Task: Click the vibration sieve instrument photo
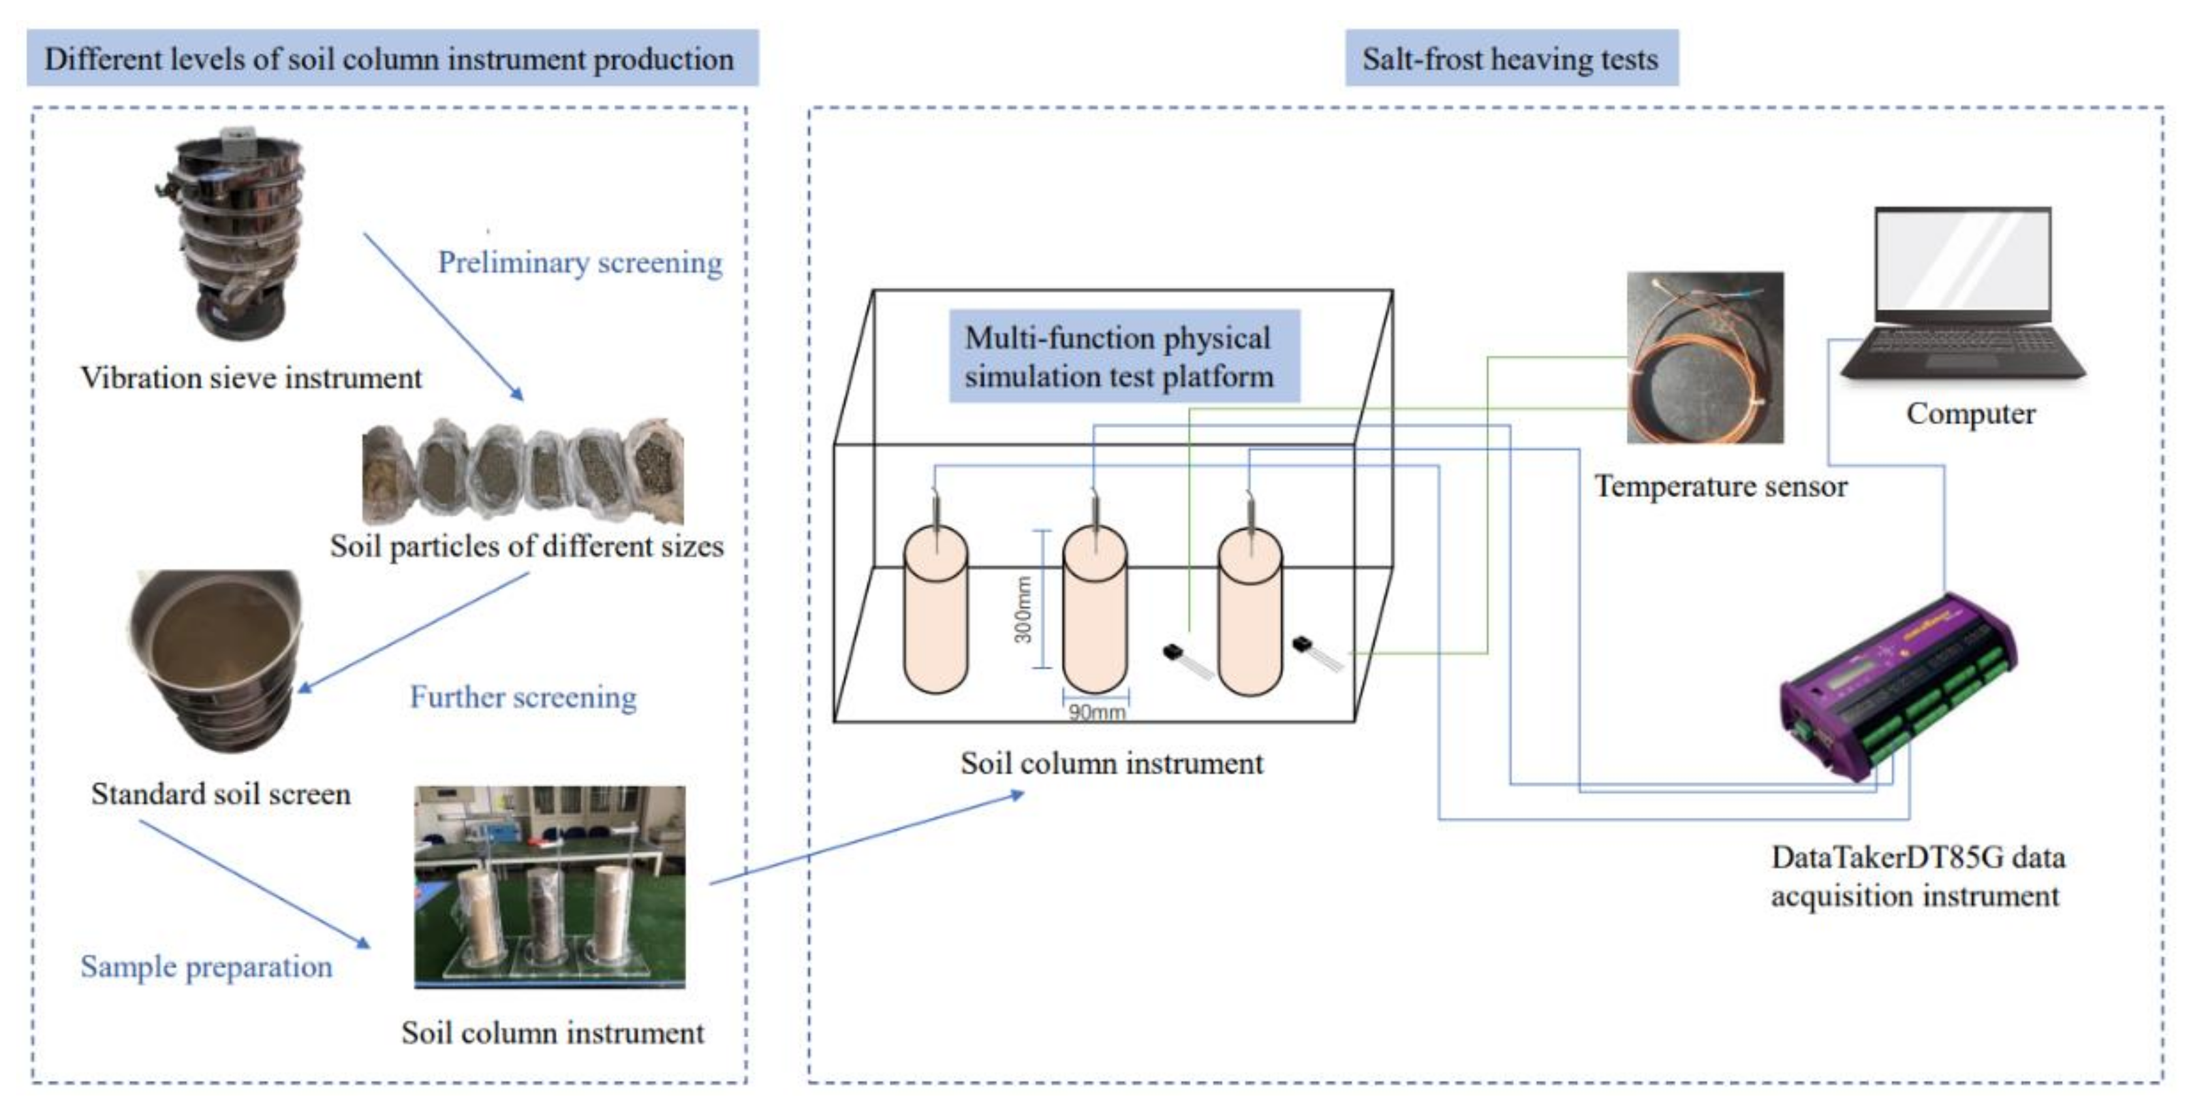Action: (232, 234)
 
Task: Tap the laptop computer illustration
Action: (1963, 296)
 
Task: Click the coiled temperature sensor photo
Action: (1705, 357)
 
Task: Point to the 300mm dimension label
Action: (1023, 609)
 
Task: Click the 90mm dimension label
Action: (1097, 711)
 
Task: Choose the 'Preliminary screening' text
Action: (580, 262)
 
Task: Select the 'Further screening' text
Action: (523, 697)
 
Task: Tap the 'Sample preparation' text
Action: (206, 967)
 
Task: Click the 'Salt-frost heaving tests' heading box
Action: (1512, 58)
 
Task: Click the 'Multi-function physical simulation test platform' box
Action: (1125, 356)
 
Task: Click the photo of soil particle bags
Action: (523, 470)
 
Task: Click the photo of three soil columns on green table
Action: (550, 887)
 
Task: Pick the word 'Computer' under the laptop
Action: (1970, 413)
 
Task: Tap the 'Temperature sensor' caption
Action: (1721, 487)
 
